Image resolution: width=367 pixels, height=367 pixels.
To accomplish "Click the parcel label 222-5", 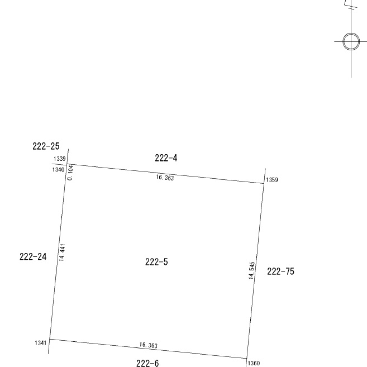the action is tap(156, 262).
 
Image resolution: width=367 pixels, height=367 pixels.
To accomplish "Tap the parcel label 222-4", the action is tap(166, 158).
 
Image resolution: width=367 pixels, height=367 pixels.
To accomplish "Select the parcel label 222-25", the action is tap(46, 146).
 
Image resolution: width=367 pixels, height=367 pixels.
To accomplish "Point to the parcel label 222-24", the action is tap(33, 257).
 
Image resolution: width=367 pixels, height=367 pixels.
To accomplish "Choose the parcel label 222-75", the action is tap(280, 271).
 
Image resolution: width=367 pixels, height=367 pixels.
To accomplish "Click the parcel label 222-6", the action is tap(147, 363).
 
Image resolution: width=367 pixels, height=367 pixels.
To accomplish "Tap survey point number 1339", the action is tap(59, 159).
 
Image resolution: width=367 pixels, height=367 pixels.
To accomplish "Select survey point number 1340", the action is tap(58, 169).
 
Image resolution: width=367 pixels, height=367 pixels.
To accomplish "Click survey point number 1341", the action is tap(40, 343).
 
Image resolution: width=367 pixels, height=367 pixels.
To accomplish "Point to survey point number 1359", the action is tap(272, 180).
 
